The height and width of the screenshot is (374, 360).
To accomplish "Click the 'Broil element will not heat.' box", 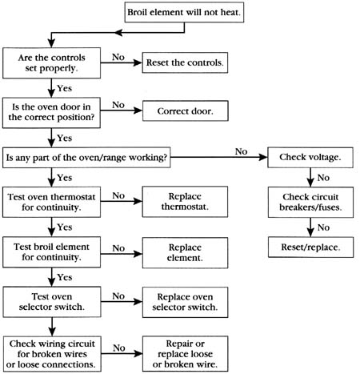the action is point(184,12).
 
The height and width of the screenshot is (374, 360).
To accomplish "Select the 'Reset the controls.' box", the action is point(185,62).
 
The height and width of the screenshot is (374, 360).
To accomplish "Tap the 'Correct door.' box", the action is point(186,111).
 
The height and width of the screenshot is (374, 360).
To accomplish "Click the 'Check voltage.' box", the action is point(310,157).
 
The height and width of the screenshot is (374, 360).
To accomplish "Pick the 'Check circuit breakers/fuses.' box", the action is point(310,202).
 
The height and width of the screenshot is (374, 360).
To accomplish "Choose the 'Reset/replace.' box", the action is point(310,247).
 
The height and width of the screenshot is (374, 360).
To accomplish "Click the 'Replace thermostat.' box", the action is point(185,202).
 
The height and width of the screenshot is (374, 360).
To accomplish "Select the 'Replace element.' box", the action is point(185,252).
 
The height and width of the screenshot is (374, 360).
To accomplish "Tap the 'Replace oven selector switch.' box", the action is point(185,302).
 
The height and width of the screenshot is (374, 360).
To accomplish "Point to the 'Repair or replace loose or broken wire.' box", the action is point(186,354).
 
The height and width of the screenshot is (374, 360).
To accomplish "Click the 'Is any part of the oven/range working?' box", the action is point(86,158).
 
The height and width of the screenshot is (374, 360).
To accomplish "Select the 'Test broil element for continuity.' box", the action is point(51,252).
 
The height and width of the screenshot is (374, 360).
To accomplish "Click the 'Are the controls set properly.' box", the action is point(51,63).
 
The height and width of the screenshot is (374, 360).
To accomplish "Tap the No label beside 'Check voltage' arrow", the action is point(241,151).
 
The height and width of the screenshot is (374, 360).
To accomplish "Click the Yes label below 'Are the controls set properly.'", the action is point(65,88).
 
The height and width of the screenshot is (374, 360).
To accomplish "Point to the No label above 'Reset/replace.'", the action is point(323,227).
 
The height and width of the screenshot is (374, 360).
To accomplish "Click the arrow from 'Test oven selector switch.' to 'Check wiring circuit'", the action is point(52,327).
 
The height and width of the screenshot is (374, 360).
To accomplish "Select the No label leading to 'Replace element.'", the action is point(118,248).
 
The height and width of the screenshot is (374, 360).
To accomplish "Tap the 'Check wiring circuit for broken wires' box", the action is point(52,354).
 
